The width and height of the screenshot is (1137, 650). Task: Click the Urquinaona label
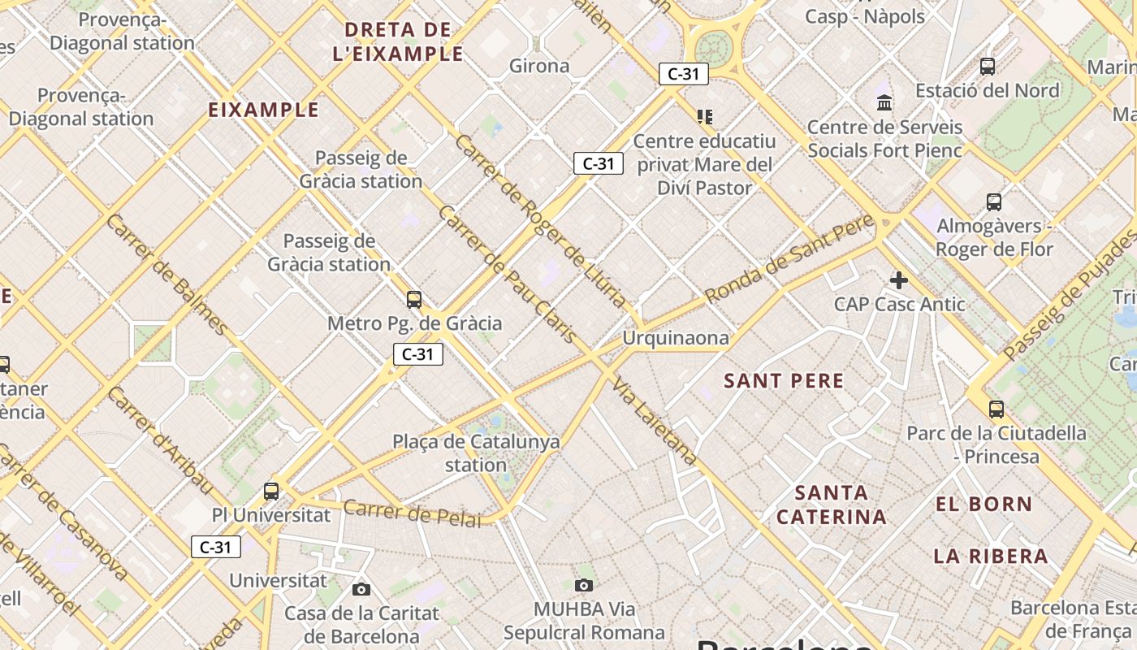click(676, 337)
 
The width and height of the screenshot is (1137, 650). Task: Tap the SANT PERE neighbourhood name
click(784, 380)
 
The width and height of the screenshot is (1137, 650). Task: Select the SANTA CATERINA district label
click(832, 505)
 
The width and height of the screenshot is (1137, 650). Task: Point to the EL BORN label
click(984, 504)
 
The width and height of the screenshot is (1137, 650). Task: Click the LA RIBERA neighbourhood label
click(991, 557)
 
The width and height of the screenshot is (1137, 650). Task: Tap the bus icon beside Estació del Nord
click(988, 67)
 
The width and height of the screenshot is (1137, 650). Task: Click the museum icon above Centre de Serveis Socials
click(884, 102)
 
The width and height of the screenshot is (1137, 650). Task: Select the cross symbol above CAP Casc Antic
click(899, 280)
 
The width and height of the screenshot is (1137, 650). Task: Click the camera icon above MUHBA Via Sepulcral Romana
click(583, 585)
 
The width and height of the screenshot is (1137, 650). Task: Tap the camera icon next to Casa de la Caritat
click(361, 589)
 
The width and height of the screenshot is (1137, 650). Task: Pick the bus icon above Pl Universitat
click(271, 491)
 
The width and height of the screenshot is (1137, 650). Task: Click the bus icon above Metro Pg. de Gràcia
click(414, 300)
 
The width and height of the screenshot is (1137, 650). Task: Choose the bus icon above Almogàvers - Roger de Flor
click(994, 201)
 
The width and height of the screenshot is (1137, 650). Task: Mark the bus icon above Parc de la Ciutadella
click(996, 409)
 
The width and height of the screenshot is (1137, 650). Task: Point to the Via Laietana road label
click(654, 421)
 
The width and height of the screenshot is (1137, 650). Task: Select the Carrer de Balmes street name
click(168, 275)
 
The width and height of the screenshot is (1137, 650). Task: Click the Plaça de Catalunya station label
click(476, 453)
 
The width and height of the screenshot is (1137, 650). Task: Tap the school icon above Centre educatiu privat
click(704, 117)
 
